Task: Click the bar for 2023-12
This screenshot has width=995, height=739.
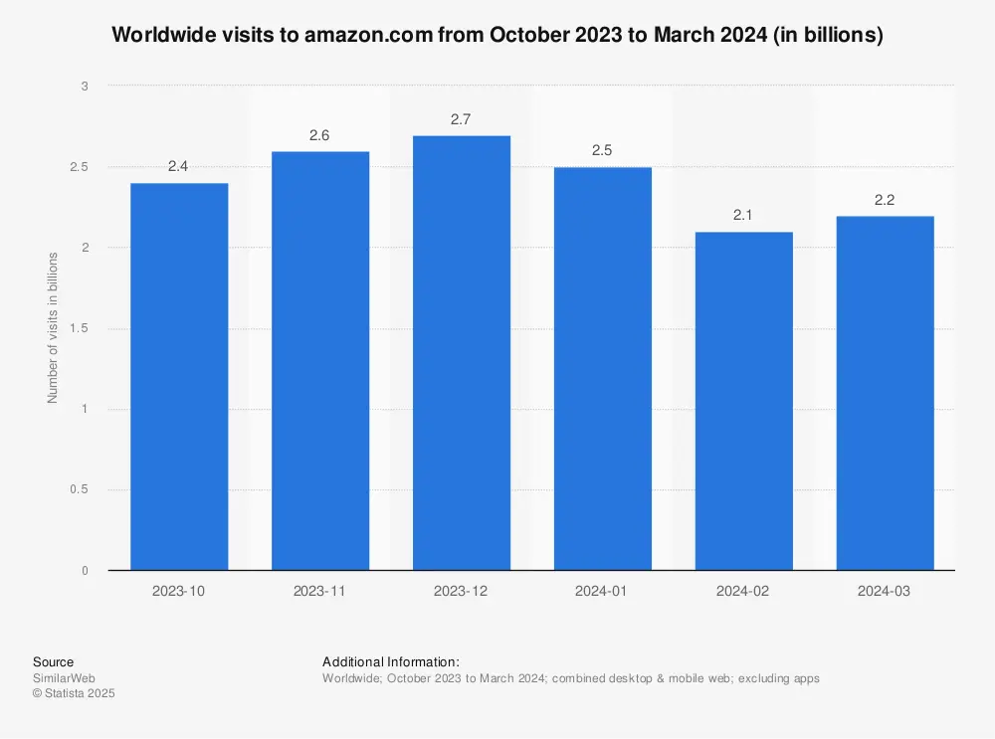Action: [462, 352]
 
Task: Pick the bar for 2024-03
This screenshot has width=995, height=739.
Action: [885, 393]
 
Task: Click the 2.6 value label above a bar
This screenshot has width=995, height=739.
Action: [319, 135]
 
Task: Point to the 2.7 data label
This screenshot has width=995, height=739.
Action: [461, 119]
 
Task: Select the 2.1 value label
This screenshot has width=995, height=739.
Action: [743, 216]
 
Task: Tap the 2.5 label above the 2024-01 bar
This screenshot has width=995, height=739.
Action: [602, 151]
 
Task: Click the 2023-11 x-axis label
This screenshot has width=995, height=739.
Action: [319, 590]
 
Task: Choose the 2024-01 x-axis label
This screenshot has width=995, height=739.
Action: [602, 590]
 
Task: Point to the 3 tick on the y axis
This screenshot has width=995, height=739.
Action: [85, 87]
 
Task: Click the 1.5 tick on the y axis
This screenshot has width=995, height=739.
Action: [80, 328]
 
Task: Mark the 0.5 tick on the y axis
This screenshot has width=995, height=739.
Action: [80, 489]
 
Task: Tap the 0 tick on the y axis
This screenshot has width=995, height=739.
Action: [85, 571]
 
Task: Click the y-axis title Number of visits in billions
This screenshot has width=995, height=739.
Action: [53, 327]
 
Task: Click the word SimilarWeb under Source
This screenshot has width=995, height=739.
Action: [60, 678]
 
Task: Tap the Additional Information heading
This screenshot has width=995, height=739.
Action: [391, 661]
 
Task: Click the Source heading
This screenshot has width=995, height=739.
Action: [53, 661]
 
